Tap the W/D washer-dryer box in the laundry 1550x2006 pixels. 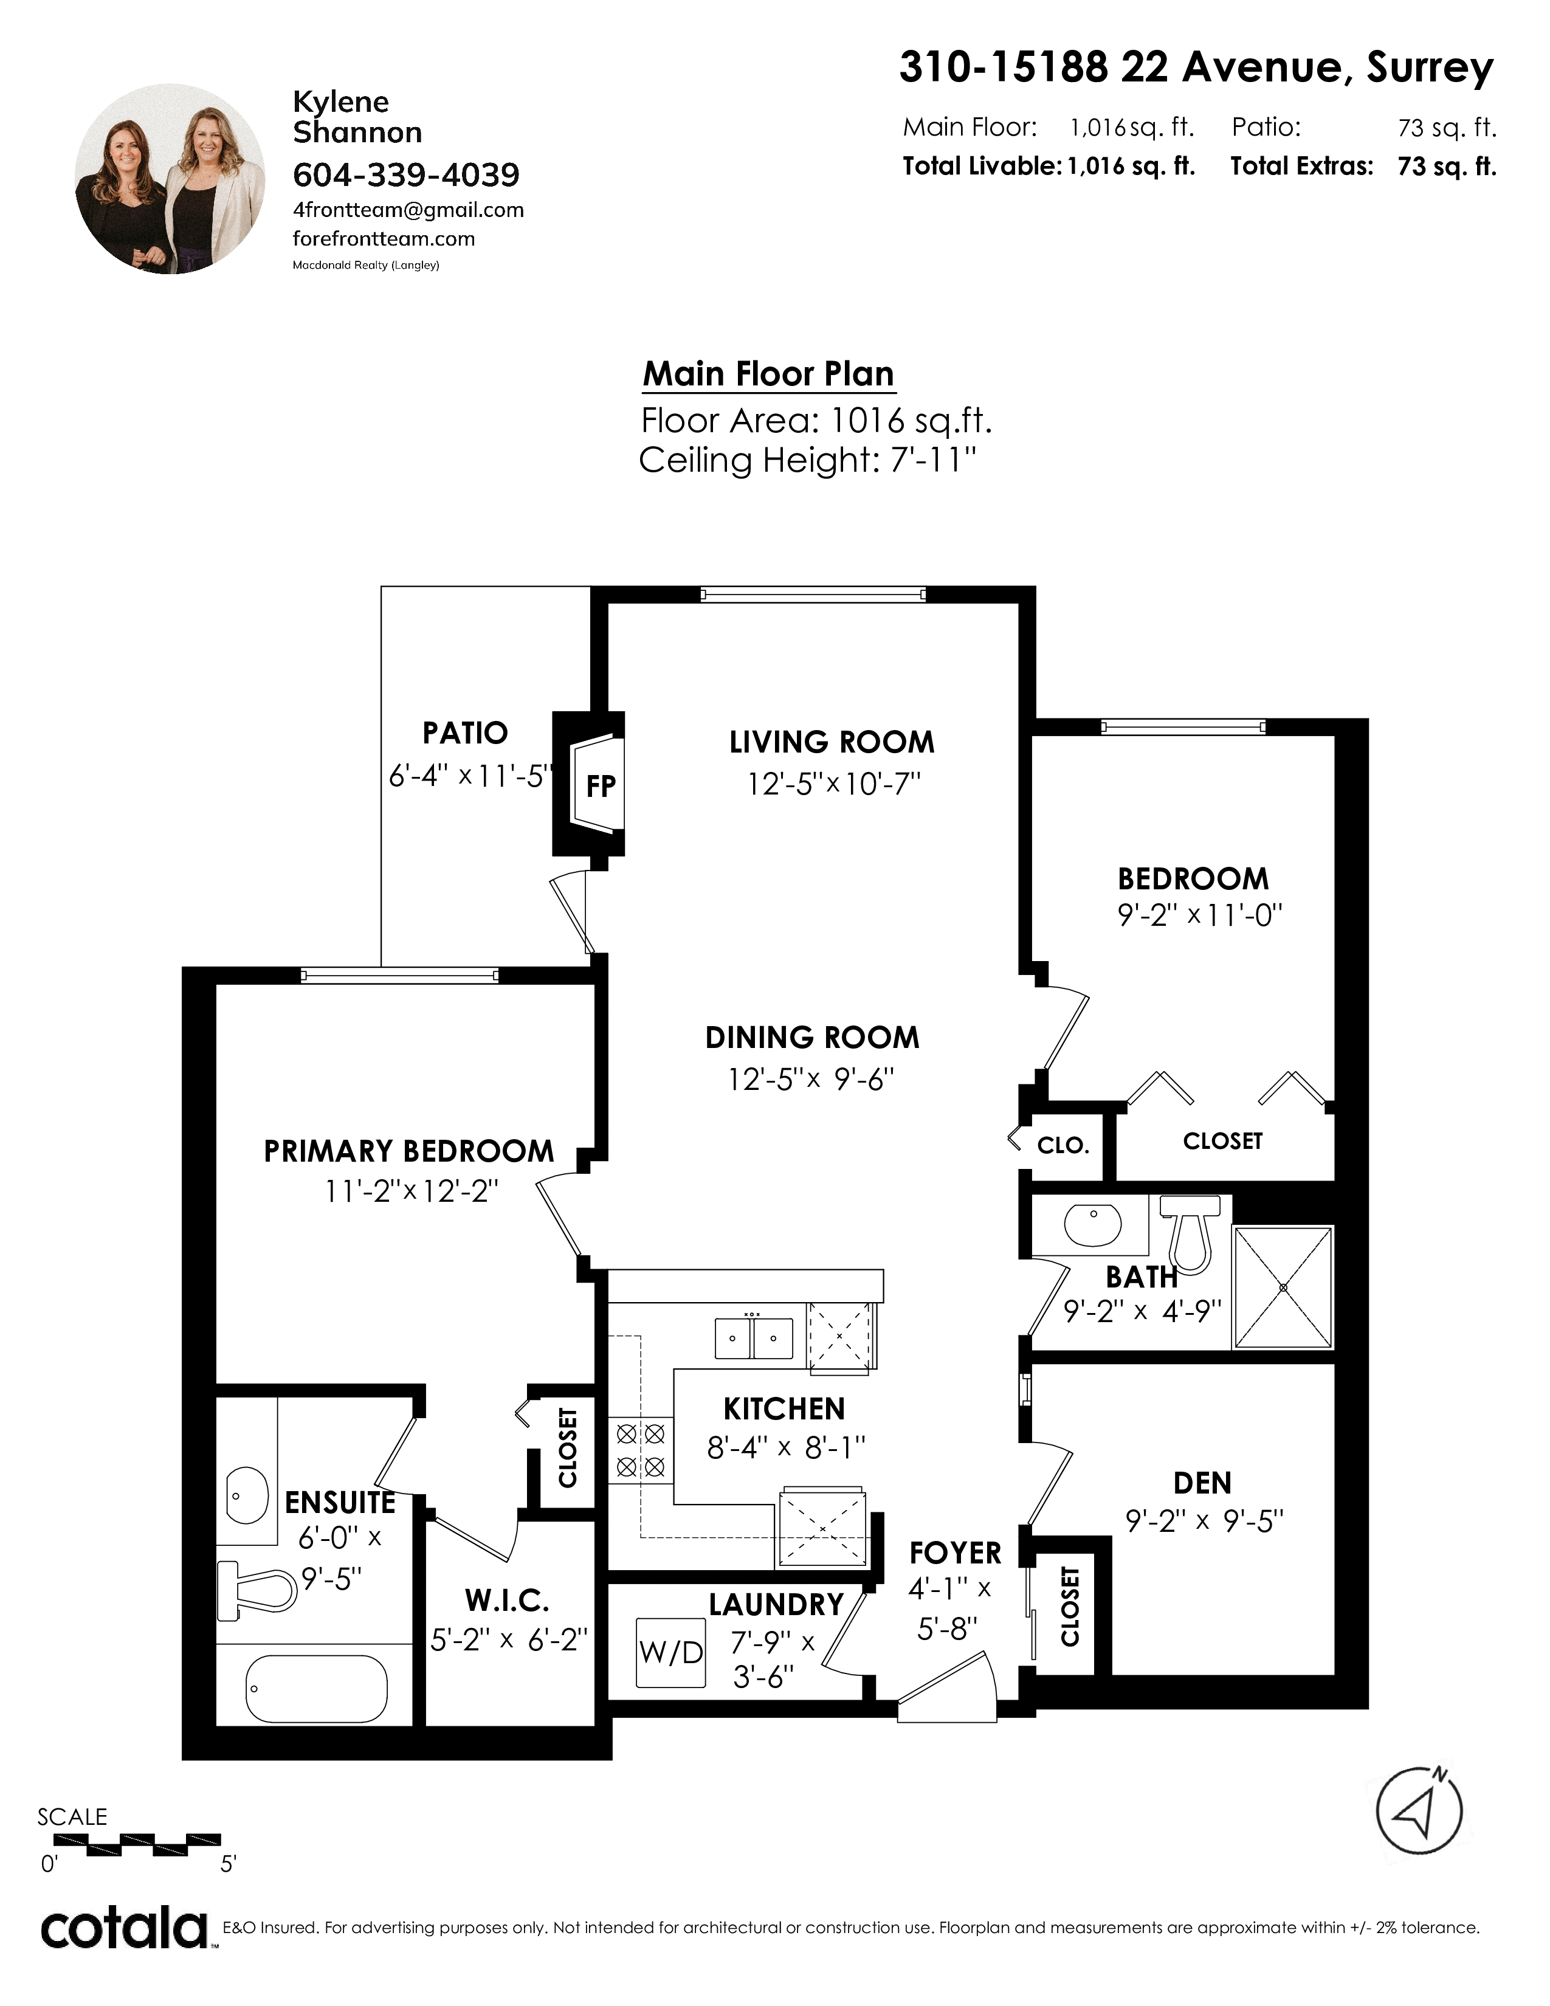pyautogui.click(x=671, y=1652)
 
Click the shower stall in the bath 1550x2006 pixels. pyautogui.click(x=1283, y=1287)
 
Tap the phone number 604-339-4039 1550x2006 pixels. pyautogui.click(x=406, y=174)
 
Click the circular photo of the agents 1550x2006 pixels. pyautogui.click(x=170, y=179)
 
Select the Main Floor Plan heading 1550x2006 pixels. pyautogui.click(x=768, y=374)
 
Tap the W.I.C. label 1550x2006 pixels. pyautogui.click(x=507, y=1602)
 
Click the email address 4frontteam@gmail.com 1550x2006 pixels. pyautogui.click(x=408, y=210)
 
